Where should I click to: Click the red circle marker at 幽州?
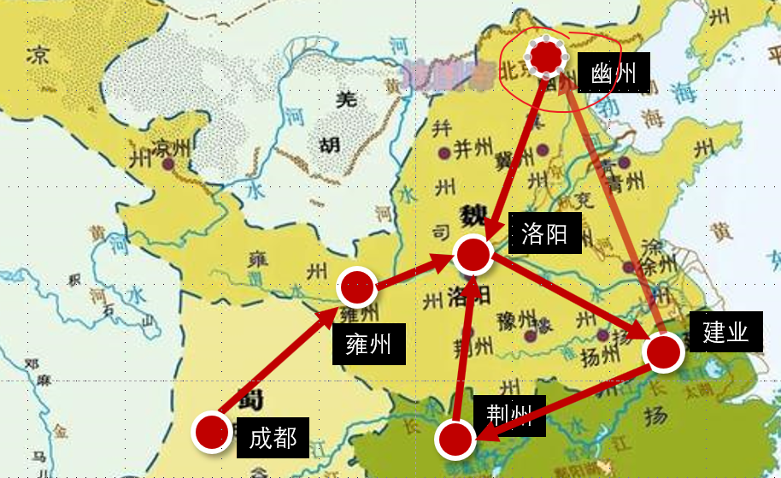point(547,57)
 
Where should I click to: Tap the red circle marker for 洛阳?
point(473,254)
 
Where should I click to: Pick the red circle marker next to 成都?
point(211,432)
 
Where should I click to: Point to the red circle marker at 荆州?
point(455,440)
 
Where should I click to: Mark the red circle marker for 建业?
point(664,352)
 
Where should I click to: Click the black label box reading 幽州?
point(614,74)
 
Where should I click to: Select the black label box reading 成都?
point(273,439)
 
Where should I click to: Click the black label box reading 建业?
point(725,333)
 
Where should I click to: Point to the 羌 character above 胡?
point(347,99)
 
